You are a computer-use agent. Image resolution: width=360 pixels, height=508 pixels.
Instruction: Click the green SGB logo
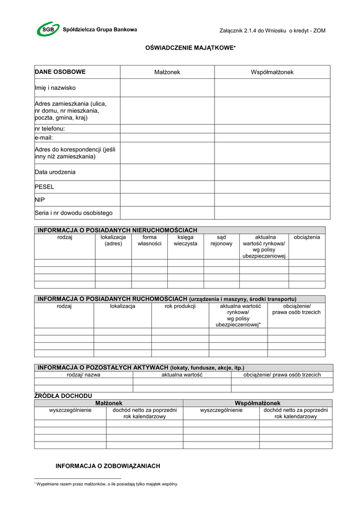[48, 29]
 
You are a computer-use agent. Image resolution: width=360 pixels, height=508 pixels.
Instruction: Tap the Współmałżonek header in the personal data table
[272, 72]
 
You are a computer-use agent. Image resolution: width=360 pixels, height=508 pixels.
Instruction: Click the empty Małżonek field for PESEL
[167, 187]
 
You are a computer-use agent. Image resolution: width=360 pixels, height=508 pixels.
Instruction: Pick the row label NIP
[40, 200]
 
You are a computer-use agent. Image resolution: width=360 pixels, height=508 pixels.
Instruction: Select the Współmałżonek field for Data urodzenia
[272, 172]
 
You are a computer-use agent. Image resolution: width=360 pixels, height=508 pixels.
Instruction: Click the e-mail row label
[44, 137]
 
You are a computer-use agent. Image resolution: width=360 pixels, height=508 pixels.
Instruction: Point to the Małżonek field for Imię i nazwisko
[167, 88]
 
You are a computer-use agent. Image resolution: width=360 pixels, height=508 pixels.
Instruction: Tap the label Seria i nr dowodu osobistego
[73, 213]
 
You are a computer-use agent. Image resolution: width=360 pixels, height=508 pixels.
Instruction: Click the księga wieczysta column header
[185, 240]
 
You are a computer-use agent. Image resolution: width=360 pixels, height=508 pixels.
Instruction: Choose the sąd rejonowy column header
[221, 240]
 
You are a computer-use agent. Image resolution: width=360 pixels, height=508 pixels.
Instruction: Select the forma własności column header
[149, 240]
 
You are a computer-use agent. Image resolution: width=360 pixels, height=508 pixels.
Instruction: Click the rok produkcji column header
[180, 306]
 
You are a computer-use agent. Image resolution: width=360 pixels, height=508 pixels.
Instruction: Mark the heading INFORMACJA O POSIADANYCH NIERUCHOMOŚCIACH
[118, 230]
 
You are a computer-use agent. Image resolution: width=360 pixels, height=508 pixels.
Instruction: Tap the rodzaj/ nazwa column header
[83, 375]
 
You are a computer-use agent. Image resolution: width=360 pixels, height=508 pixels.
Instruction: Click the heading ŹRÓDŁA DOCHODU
[63, 396]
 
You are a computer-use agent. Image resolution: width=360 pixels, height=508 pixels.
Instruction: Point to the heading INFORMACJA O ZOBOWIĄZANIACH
[108, 466]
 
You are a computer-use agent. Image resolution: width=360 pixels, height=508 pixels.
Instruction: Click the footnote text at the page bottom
[106, 484]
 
